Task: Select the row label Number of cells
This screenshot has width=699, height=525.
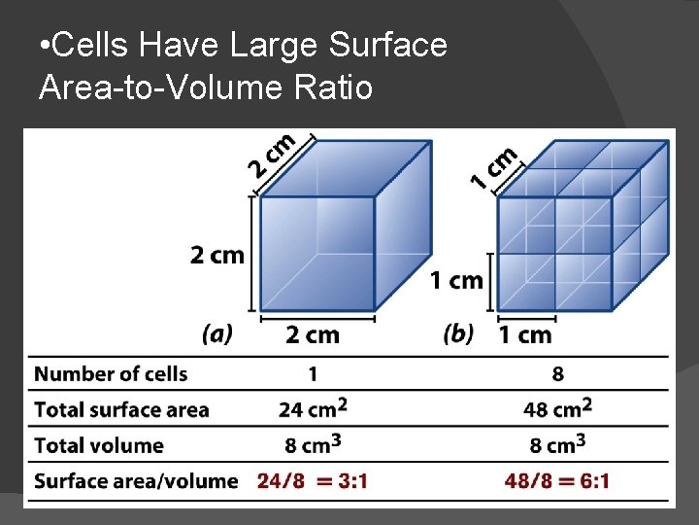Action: pyautogui.click(x=111, y=373)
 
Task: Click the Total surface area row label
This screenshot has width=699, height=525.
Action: pyautogui.click(x=121, y=409)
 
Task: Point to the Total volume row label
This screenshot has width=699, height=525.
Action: pyautogui.click(x=99, y=445)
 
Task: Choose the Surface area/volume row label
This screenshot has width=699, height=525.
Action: pyautogui.click(x=136, y=480)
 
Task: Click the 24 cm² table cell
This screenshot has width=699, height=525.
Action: pyautogui.click(x=312, y=408)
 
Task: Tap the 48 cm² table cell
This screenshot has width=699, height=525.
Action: pyautogui.click(x=557, y=408)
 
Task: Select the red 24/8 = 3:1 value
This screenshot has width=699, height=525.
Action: pyautogui.click(x=312, y=480)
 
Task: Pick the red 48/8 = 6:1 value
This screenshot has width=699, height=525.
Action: pyautogui.click(x=557, y=480)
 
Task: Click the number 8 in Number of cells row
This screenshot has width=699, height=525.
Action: pyautogui.click(x=557, y=373)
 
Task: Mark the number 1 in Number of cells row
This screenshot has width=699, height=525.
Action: pyautogui.click(x=313, y=373)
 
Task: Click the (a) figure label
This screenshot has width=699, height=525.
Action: pyautogui.click(x=217, y=334)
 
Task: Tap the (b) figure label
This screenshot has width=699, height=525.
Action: pyautogui.click(x=458, y=334)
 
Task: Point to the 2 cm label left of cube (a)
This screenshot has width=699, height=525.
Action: pyautogui.click(x=217, y=256)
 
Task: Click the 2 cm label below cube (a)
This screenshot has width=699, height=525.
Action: pyautogui.click(x=313, y=335)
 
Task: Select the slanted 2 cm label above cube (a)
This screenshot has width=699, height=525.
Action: pyautogui.click(x=271, y=155)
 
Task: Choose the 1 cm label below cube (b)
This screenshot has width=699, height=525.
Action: pyautogui.click(x=525, y=335)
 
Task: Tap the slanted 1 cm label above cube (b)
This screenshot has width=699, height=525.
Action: pyautogui.click(x=493, y=166)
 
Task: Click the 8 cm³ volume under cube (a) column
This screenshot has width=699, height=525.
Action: pyautogui.click(x=312, y=445)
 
